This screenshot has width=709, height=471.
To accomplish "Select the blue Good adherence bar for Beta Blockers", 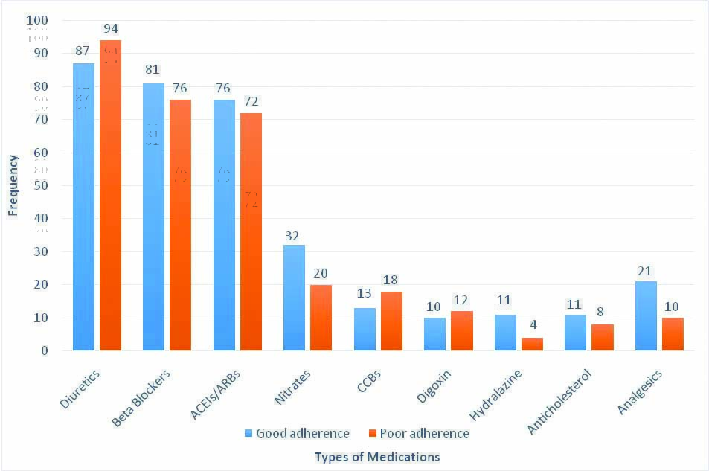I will [153, 217].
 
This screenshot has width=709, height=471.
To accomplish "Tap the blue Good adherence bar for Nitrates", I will [294, 298].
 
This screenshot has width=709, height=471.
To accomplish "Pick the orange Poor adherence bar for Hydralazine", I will [532, 344].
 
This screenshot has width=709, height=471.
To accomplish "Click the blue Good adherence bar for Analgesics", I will [646, 315].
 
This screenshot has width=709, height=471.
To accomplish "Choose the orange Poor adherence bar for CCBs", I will [391, 321].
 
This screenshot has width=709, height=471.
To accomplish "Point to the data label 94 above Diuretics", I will [111, 29].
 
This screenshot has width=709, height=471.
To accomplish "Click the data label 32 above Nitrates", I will [294, 235].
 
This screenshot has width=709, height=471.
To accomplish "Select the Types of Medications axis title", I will [376, 456].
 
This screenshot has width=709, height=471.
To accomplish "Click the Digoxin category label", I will [433, 385].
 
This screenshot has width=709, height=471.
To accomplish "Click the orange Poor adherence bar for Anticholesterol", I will [603, 337].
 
